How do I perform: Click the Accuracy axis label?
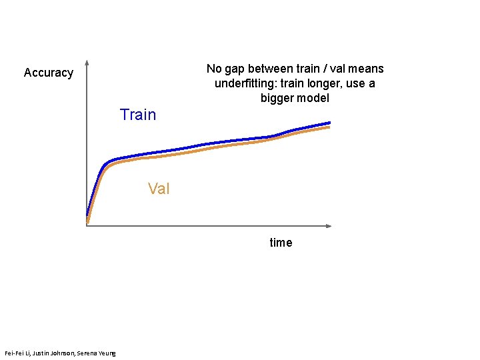[48, 73]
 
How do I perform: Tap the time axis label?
[281, 243]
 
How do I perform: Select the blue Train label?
[138, 115]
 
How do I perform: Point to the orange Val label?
[159, 189]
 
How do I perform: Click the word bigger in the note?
[279, 98]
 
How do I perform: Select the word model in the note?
[313, 98]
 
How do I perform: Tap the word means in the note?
[367, 69]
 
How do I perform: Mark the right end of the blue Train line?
[330, 123]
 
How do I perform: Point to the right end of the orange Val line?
[329, 127]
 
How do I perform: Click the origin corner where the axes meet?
[87, 226]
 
